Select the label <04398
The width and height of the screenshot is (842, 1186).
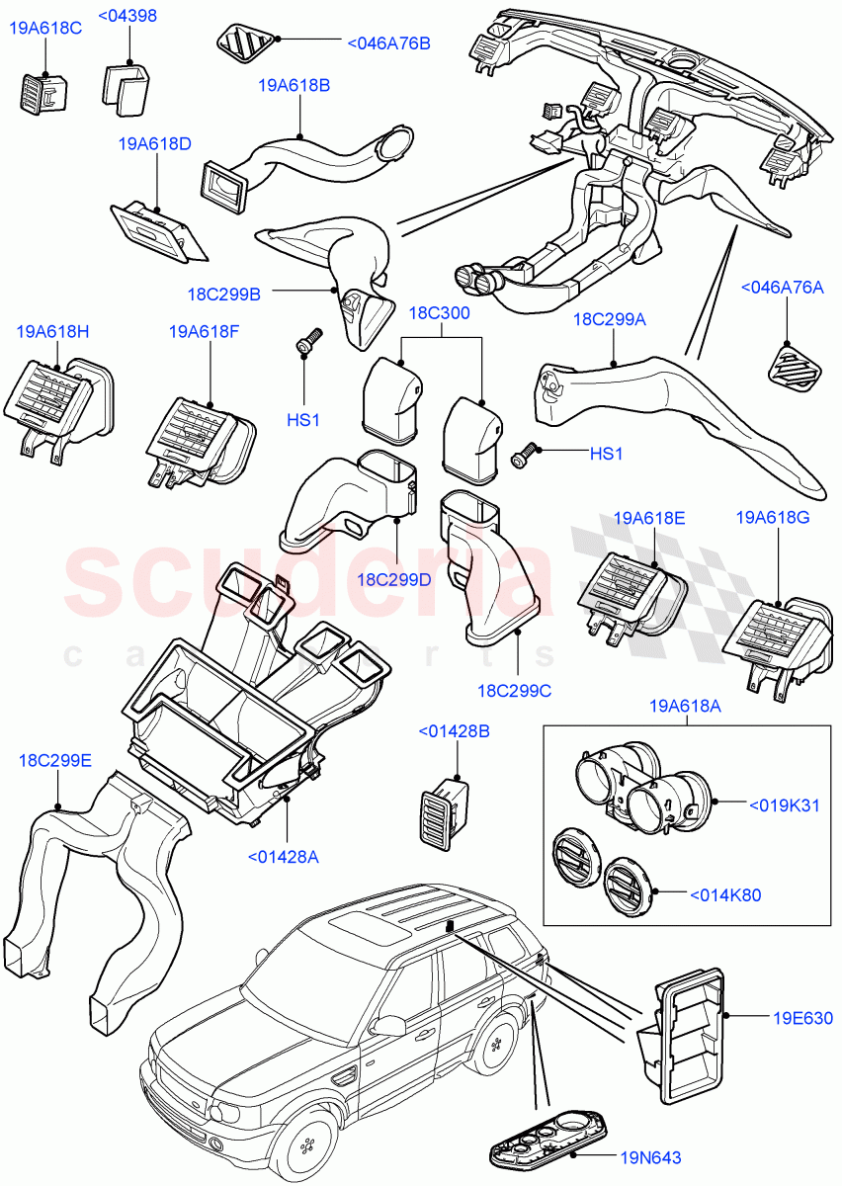click(128, 16)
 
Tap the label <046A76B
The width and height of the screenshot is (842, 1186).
click(388, 43)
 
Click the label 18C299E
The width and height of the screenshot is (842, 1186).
click(55, 760)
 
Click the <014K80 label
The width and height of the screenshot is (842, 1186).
click(726, 894)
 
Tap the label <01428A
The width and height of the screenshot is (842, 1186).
click(283, 857)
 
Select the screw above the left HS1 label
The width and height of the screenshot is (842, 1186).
click(306, 341)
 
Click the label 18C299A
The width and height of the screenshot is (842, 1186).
click(610, 320)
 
